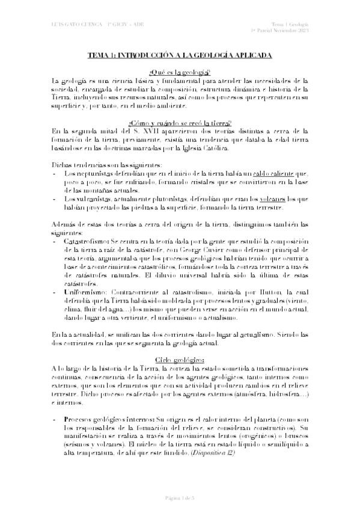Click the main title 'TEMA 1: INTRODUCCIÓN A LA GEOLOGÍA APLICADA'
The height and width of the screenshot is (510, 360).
click(180, 55)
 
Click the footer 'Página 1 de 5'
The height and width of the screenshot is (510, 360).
click(180, 497)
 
